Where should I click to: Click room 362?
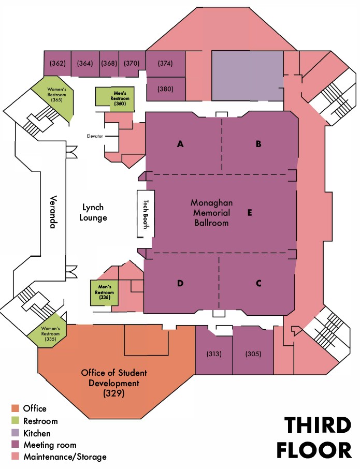click(x=57, y=63)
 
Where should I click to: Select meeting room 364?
click(x=84, y=63)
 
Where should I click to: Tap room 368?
click(x=109, y=63)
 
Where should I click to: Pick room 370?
click(x=132, y=63)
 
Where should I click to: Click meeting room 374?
click(x=165, y=63)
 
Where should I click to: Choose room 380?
click(x=165, y=89)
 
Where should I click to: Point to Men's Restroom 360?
click(x=114, y=97)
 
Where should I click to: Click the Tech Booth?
click(x=146, y=213)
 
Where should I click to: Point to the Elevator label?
click(x=95, y=136)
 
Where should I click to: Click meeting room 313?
click(x=213, y=354)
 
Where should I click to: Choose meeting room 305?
click(x=252, y=354)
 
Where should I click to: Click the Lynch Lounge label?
click(x=93, y=213)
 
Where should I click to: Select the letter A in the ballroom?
click(x=180, y=144)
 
